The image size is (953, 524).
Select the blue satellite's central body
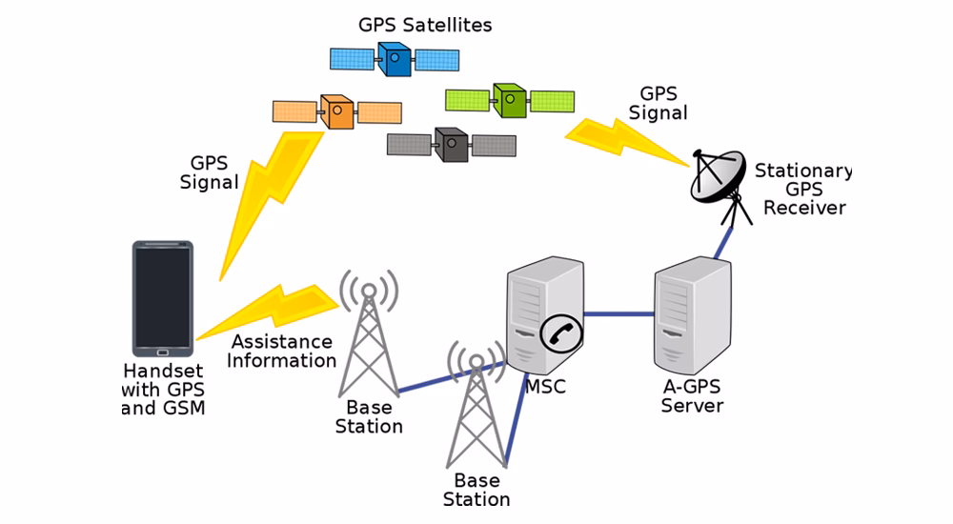click(x=395, y=60)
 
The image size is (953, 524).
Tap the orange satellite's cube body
click(x=336, y=112)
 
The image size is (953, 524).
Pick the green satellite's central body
click(x=510, y=100)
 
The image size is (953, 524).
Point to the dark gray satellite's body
click(x=452, y=145)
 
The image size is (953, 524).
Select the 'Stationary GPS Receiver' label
click(x=803, y=189)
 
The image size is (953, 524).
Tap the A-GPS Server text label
click(x=692, y=396)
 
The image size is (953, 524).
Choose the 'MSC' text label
click(x=545, y=388)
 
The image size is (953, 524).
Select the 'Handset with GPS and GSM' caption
click(x=162, y=389)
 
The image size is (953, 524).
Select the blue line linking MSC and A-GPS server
click(x=618, y=313)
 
